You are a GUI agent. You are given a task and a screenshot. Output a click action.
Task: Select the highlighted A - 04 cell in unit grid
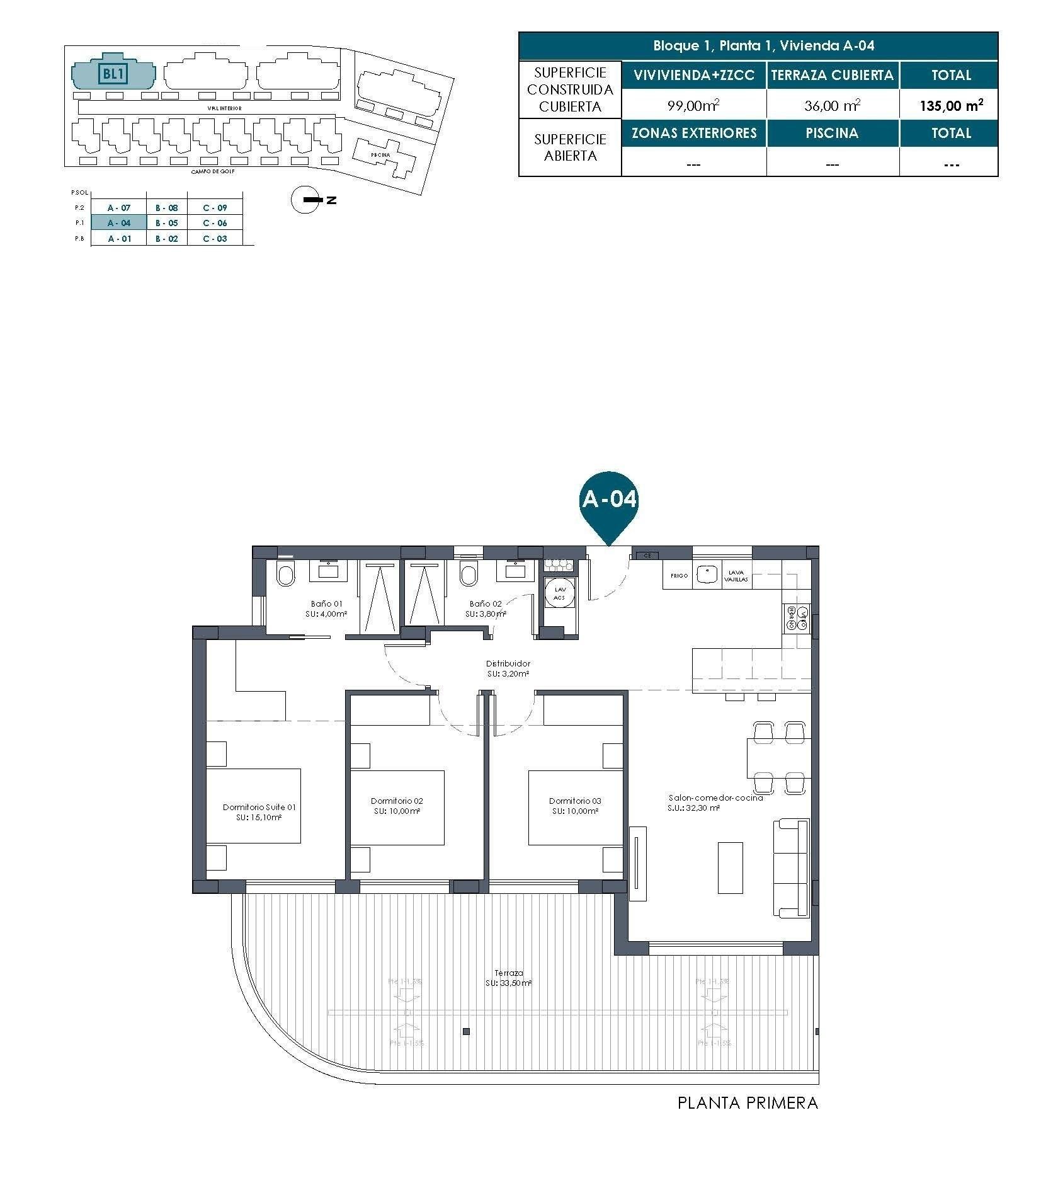click(x=118, y=222)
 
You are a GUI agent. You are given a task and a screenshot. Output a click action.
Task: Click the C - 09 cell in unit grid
click(x=215, y=207)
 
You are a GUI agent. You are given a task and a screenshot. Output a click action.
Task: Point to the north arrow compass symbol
click(x=307, y=200)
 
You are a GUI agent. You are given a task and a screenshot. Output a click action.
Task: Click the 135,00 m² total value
click(x=950, y=106)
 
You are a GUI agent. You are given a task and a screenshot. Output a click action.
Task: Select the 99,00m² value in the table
click(x=693, y=106)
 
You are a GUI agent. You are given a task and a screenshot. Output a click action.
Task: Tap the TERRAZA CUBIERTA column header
click(x=831, y=75)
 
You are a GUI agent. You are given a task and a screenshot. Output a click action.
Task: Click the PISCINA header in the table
click(x=831, y=133)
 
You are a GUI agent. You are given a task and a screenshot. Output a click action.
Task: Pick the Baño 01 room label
click(x=326, y=608)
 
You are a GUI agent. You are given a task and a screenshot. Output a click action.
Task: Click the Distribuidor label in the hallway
click(x=508, y=668)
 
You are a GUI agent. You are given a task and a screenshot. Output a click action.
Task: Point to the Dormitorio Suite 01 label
click(x=259, y=811)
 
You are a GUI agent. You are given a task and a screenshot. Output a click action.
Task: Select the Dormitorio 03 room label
click(x=574, y=806)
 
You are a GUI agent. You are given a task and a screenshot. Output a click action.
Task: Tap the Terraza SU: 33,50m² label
click(x=508, y=978)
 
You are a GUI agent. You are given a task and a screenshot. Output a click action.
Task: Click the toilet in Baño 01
click(x=285, y=575)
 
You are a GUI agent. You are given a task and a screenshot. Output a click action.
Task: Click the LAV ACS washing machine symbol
click(x=560, y=593)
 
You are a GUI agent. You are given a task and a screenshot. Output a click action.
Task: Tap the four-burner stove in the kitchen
click(x=796, y=618)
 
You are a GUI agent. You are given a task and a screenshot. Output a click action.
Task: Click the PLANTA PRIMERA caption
click(x=747, y=1102)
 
